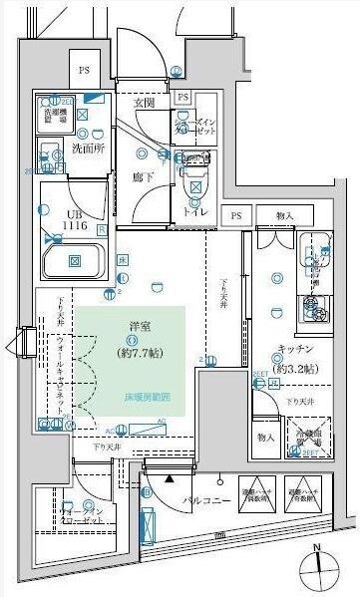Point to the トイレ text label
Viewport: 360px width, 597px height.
pos(198,210)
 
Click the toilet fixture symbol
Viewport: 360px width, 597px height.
pos(195,177)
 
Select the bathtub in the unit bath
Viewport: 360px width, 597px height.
pos(74,260)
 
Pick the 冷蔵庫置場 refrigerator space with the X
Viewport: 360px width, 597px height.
pos(304,436)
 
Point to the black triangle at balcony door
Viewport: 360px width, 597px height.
pos(170,478)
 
